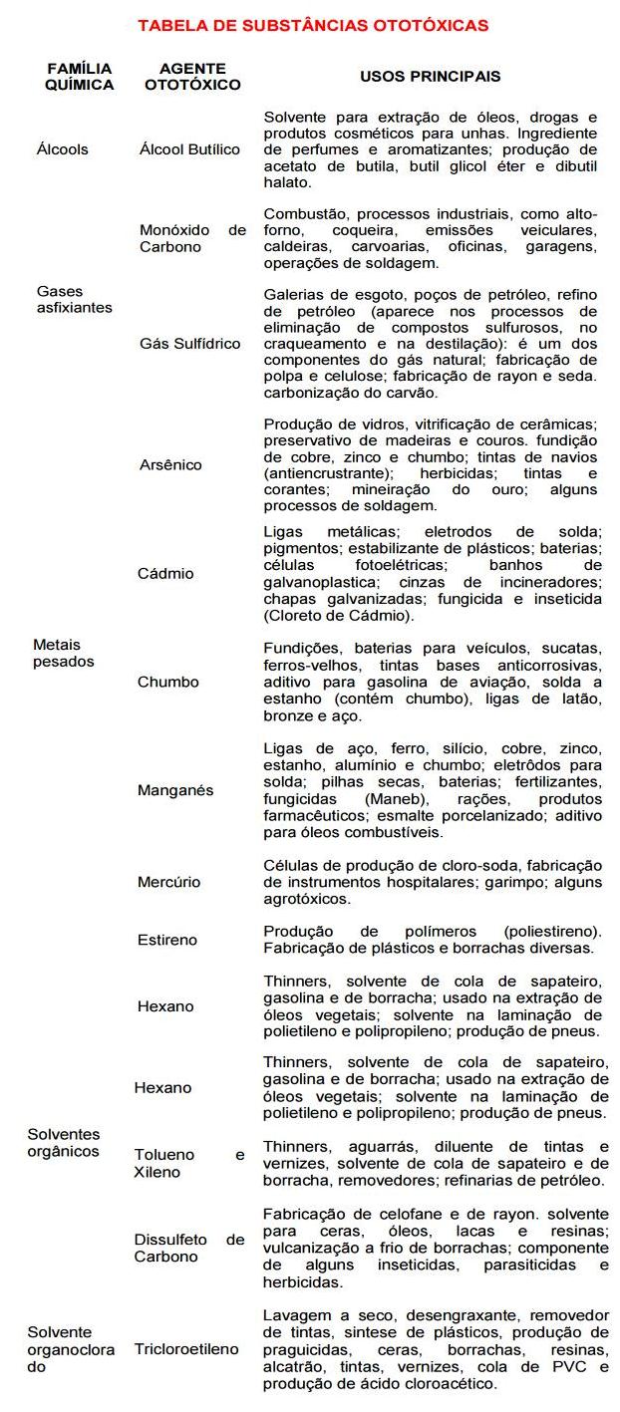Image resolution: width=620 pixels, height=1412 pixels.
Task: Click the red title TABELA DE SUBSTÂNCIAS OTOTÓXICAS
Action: (x=313, y=26)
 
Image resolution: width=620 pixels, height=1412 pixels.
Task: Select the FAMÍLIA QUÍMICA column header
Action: (x=79, y=77)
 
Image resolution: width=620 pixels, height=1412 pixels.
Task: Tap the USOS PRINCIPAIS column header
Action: (x=430, y=76)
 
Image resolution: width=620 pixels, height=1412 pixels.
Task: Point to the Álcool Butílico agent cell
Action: (x=189, y=149)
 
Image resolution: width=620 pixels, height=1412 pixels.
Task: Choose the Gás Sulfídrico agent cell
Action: (x=189, y=344)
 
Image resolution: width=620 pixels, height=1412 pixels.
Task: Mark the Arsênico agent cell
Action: (x=170, y=464)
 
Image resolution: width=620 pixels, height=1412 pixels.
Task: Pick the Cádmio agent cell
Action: (x=165, y=574)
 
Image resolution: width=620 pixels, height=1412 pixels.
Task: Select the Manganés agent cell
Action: (x=175, y=790)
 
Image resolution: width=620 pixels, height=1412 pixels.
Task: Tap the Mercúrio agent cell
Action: (x=168, y=882)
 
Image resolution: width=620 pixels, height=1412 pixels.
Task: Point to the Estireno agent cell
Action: (x=167, y=940)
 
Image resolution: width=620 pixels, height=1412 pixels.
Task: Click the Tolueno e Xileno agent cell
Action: (x=189, y=1164)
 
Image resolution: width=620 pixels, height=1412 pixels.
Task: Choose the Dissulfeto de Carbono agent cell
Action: (x=189, y=1249)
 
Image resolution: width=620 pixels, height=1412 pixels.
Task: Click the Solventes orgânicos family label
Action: (x=64, y=1143)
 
